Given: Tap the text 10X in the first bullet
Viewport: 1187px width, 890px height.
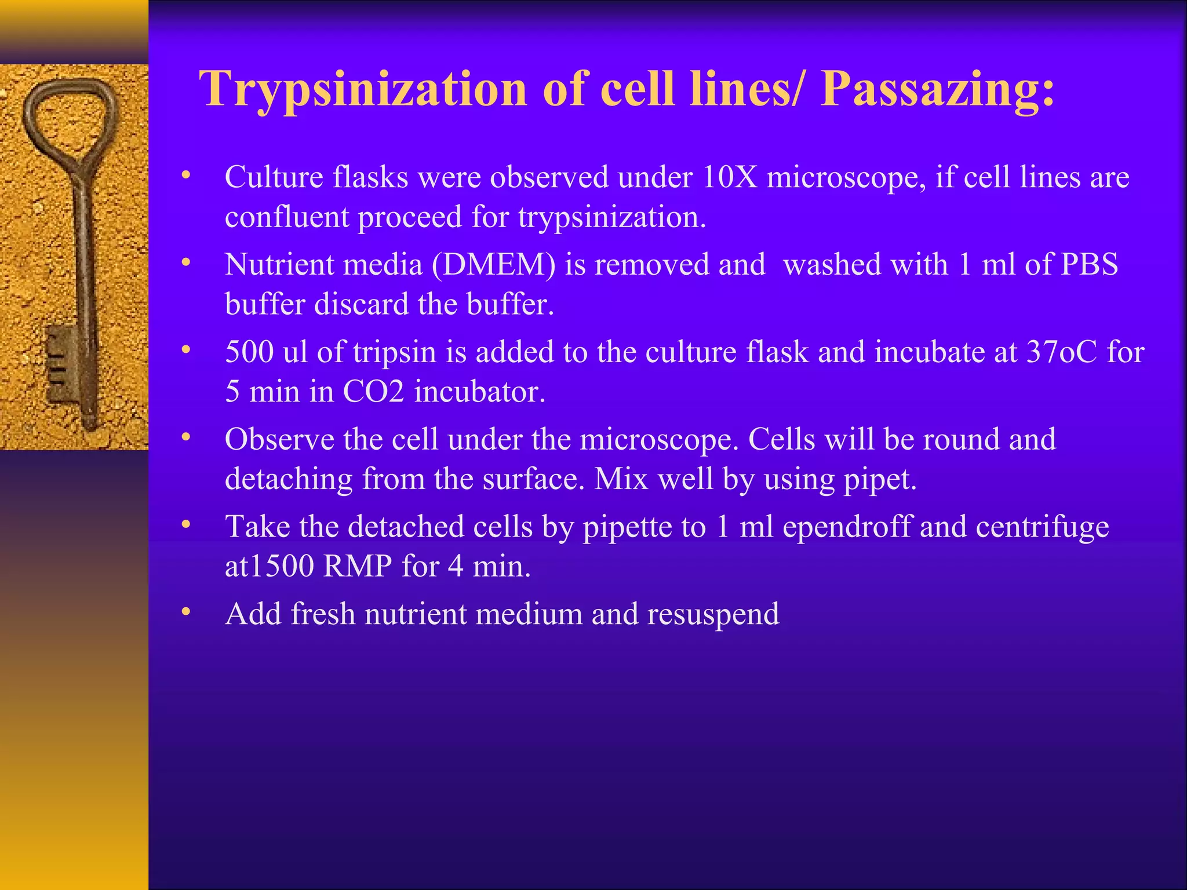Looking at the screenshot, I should [730, 177].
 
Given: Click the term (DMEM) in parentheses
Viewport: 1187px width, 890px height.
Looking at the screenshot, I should [493, 265].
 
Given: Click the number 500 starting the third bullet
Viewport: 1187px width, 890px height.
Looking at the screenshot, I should [249, 352].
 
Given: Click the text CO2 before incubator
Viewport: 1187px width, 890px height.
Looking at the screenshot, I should [373, 392].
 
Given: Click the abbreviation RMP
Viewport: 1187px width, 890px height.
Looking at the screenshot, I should [358, 567].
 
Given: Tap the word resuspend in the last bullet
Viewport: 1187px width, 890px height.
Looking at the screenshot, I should [712, 615].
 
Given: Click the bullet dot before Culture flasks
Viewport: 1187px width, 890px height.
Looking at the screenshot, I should [185, 176].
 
